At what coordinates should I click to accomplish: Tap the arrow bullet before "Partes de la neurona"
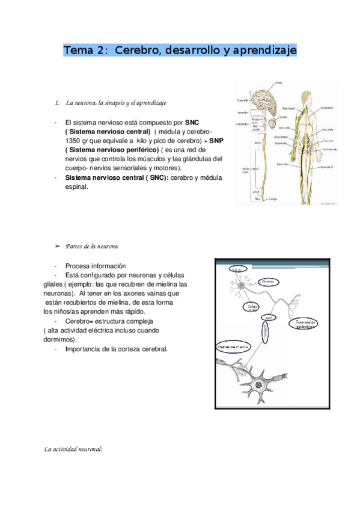pos(58,247)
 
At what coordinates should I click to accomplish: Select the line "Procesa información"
pos(96,266)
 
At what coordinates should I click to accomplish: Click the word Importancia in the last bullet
pos(84,349)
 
